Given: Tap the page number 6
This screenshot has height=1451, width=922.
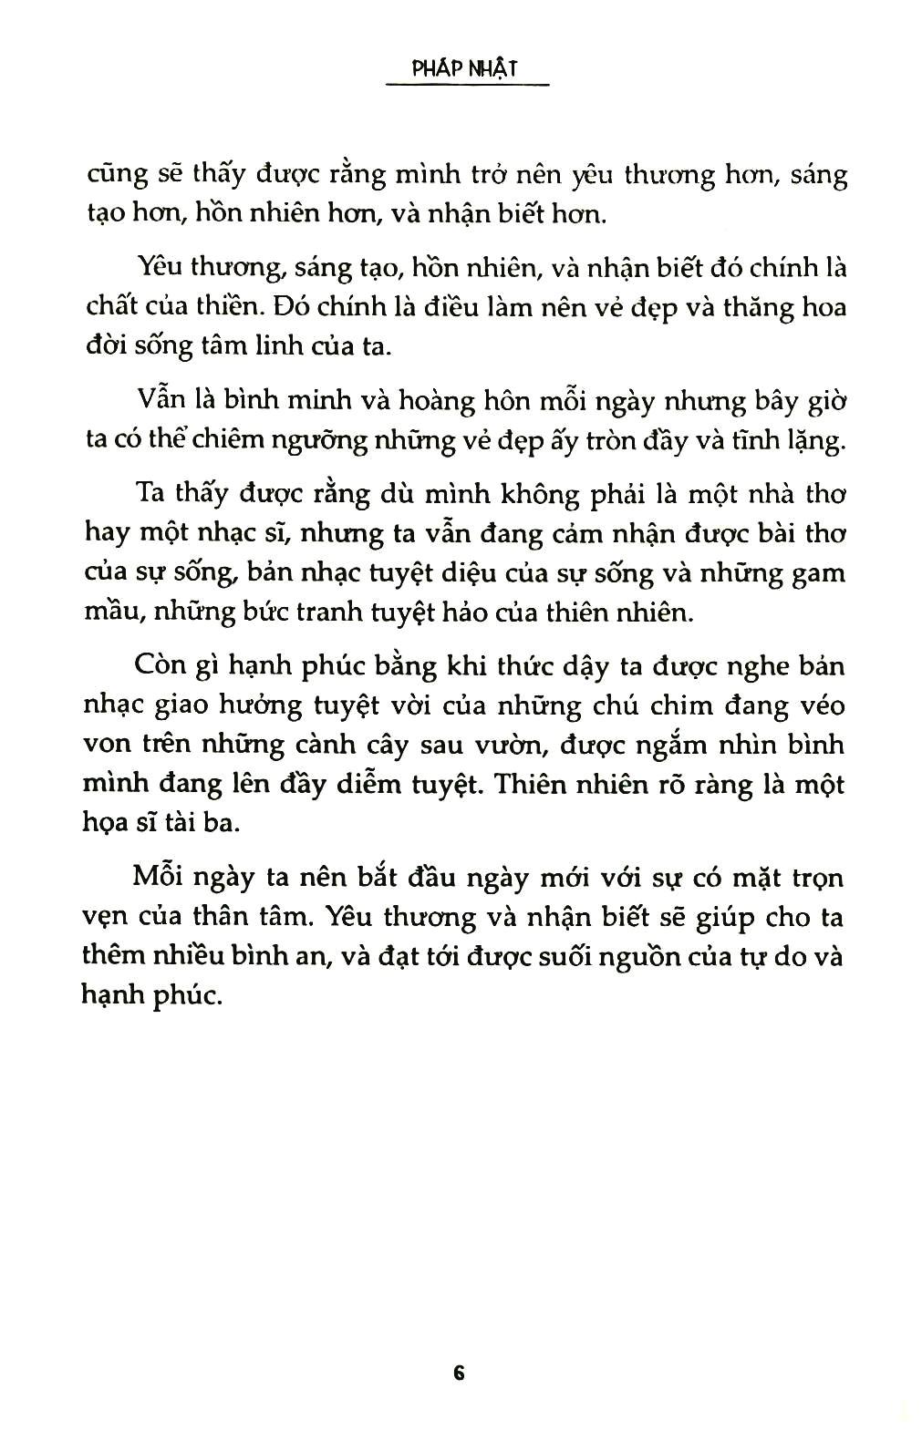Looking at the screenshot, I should pyautogui.click(x=459, y=1373).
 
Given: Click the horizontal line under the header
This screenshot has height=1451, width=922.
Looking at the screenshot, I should pyautogui.click(x=466, y=87).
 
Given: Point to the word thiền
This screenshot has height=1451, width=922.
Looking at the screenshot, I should pyautogui.click(x=230, y=306).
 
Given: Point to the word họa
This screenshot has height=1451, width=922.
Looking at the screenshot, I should pyautogui.click(x=105, y=823).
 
